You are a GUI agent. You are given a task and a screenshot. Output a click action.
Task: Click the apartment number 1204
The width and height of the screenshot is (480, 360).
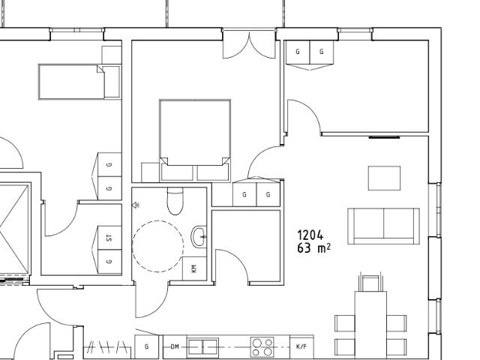pyautogui.click(x=310, y=235)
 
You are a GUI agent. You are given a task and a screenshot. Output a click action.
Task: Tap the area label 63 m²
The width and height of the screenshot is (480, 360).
pyautogui.click(x=313, y=248)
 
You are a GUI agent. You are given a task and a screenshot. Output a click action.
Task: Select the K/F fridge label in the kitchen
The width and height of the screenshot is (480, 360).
pyautogui.click(x=301, y=346)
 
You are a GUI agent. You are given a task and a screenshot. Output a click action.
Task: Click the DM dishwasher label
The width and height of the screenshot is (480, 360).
pyautogui.click(x=175, y=346)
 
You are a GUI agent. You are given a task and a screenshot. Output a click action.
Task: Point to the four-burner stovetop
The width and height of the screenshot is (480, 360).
pyautogui.click(x=262, y=347)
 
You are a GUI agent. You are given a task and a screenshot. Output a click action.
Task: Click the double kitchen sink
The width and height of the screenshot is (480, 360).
pyautogui.click(x=202, y=347)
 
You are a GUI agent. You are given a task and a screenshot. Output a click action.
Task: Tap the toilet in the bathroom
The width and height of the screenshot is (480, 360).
pyautogui.click(x=175, y=201)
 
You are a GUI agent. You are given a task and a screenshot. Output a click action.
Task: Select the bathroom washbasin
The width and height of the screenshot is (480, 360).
pyautogui.click(x=199, y=236)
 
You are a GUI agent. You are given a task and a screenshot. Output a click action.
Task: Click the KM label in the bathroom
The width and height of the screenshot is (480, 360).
pyautogui.click(x=194, y=269)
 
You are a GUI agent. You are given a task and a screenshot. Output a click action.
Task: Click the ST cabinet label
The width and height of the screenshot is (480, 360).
pyautogui.click(x=109, y=238)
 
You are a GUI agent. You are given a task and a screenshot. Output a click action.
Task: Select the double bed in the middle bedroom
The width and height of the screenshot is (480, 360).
pyautogui.click(x=195, y=140)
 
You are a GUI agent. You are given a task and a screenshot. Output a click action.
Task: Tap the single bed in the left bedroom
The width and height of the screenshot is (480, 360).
pyautogui.click(x=79, y=82)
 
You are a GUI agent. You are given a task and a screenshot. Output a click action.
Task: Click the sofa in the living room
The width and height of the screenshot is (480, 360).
pyautogui.click(x=383, y=226)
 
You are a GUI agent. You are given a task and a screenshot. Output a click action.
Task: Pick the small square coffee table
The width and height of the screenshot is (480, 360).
pyautogui.click(x=384, y=178)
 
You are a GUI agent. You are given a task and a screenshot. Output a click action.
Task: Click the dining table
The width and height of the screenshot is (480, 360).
pyautogui.click(x=370, y=325)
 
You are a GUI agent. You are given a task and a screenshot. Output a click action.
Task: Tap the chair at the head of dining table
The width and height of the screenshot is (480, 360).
pyautogui.click(x=370, y=282)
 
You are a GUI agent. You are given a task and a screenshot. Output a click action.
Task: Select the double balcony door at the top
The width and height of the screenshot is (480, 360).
pyautogui.click(x=249, y=44)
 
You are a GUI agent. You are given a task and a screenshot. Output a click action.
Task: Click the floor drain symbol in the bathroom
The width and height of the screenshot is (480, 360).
pyautogui.click(x=136, y=205)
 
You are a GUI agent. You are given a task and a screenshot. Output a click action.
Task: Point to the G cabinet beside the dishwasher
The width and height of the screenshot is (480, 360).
pyautogui.click(x=147, y=346)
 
